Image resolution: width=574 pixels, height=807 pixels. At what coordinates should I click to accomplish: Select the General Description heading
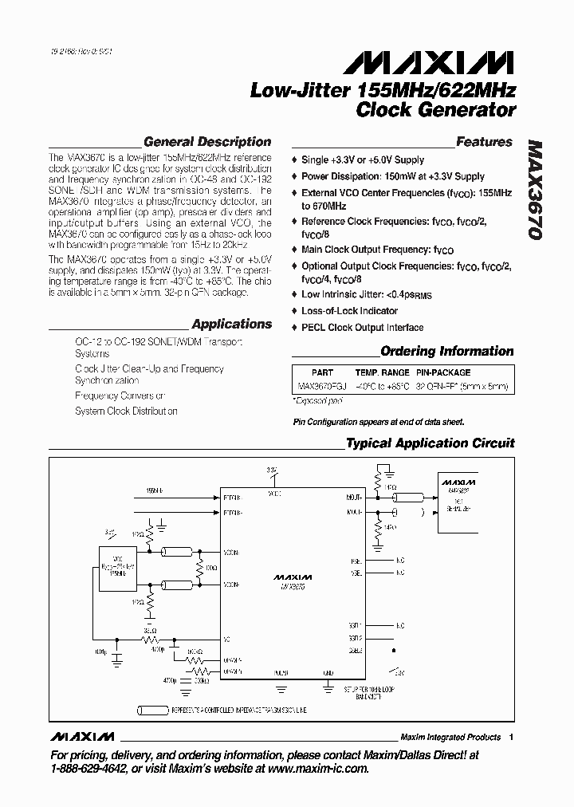click(x=206, y=142)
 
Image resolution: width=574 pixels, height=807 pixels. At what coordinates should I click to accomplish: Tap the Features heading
click(x=484, y=142)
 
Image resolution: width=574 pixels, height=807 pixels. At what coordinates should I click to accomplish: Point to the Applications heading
click(x=232, y=324)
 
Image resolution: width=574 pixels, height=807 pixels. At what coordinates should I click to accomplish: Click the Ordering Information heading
click(x=446, y=351)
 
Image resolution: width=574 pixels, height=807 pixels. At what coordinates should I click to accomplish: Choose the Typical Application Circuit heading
click(x=430, y=443)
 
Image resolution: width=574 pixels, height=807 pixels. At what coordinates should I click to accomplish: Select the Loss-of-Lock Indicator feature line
click(x=349, y=311)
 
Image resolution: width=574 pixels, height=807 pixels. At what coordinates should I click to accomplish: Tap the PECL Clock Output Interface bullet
click(x=362, y=328)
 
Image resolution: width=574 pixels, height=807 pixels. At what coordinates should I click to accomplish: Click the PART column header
click(x=323, y=372)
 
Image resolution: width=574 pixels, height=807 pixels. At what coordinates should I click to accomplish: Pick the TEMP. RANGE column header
click(x=382, y=372)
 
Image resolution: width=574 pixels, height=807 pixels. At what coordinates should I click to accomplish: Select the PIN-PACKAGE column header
click(x=443, y=372)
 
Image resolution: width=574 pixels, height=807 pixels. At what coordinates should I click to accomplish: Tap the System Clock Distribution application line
click(x=126, y=411)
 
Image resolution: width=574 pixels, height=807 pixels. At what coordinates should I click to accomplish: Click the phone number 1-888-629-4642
click(x=88, y=769)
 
